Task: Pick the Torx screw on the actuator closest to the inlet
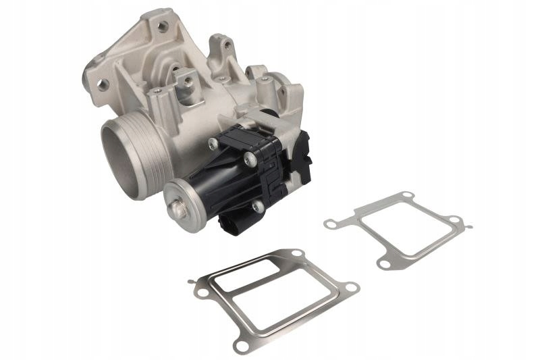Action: pyautogui.click(x=213, y=143)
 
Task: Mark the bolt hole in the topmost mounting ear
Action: pyautogui.click(x=162, y=27)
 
